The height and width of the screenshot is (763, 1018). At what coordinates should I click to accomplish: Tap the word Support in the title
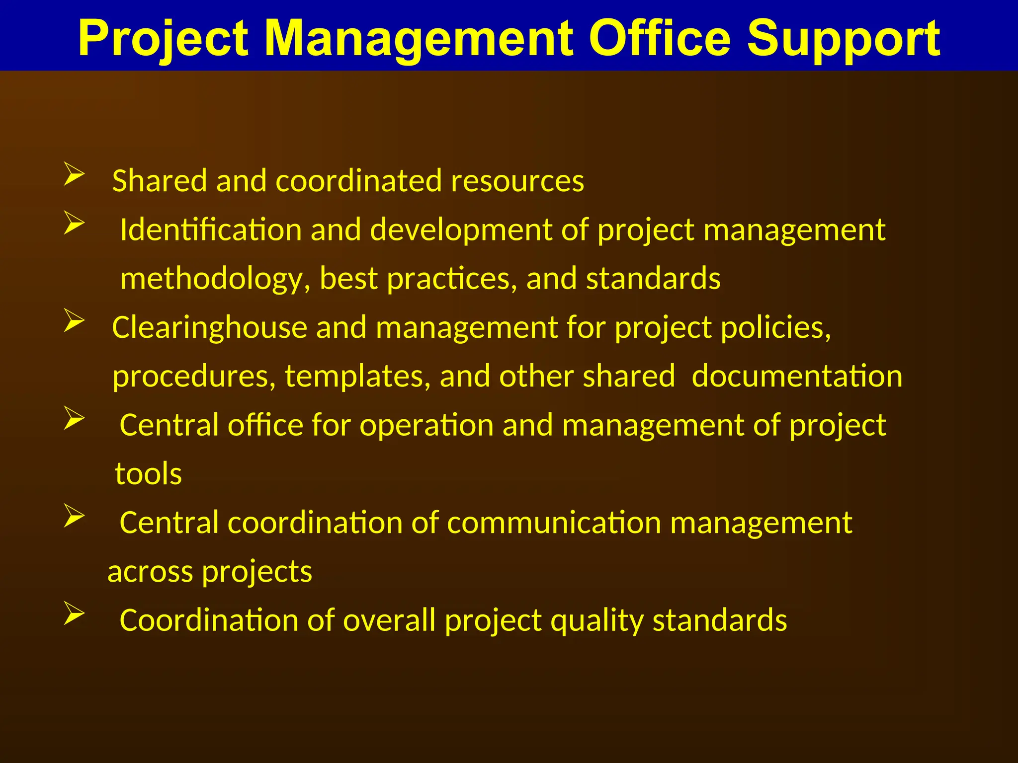coord(844,39)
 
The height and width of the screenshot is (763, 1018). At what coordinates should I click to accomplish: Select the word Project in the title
coord(163,39)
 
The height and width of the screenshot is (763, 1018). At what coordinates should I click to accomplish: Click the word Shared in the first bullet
coord(159,180)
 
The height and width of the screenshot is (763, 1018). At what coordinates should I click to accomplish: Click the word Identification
coord(211,230)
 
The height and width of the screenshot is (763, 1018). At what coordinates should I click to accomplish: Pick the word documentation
coord(797,376)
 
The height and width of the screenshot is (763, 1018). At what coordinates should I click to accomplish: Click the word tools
coord(148,474)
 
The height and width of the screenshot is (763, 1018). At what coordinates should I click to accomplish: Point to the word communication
coord(554,523)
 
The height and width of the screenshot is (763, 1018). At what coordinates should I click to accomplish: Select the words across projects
coord(210,572)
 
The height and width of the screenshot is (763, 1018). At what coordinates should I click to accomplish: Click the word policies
coord(775,328)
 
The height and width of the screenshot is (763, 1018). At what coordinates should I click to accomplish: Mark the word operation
coord(426,426)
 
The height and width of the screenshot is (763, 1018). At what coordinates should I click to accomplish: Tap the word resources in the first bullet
coord(517,180)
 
